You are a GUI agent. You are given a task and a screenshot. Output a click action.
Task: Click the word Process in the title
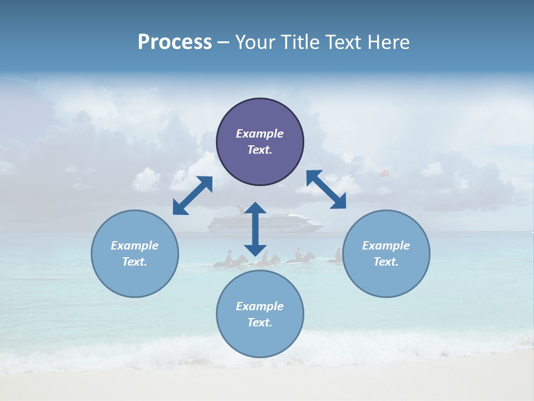click(x=175, y=42)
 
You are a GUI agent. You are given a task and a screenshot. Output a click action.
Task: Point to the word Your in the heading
click(x=254, y=42)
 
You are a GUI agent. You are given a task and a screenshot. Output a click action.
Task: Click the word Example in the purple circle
click(x=260, y=134)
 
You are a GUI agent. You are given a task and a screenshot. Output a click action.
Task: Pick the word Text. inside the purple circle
click(x=260, y=150)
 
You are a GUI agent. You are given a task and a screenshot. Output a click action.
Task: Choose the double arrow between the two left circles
click(x=192, y=195)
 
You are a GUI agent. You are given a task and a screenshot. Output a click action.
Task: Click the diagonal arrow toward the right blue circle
click(x=326, y=189)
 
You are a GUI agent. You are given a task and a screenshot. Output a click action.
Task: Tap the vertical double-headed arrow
click(x=255, y=229)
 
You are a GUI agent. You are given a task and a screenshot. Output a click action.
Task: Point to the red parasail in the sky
click(x=384, y=174)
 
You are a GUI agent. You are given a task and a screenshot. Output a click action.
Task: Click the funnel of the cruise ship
click(x=240, y=209)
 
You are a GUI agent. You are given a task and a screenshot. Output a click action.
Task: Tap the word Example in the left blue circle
click(x=135, y=246)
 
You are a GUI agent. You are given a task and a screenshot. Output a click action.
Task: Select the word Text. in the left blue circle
click(x=135, y=262)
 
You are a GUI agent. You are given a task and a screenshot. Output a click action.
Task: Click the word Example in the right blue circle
click(x=386, y=246)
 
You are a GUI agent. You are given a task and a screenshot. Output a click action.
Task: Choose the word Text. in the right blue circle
click(x=386, y=262)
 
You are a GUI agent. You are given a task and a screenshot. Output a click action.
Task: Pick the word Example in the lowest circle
click(x=260, y=306)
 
